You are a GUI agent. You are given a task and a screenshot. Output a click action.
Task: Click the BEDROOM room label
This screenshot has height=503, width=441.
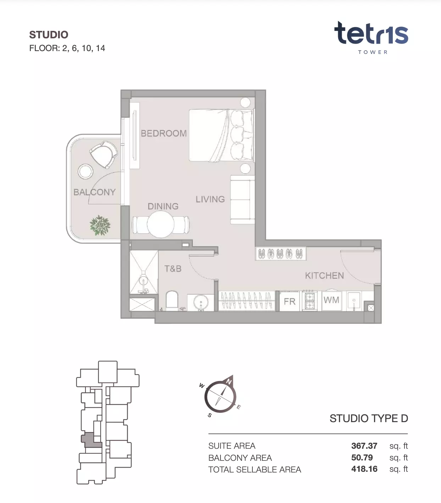(x=164, y=133)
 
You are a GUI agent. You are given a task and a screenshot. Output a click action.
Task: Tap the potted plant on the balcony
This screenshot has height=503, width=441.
(x=100, y=225)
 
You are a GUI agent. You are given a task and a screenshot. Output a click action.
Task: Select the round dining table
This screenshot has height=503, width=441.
(x=160, y=224)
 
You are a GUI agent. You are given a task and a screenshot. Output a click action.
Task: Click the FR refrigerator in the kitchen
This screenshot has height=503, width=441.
(x=289, y=301)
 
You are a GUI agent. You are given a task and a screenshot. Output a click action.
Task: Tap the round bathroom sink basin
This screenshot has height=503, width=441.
(x=201, y=302)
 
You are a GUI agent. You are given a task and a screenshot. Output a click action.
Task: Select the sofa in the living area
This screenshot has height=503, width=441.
(x=242, y=200)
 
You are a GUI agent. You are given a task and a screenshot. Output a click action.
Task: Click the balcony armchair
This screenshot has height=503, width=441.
(x=103, y=154)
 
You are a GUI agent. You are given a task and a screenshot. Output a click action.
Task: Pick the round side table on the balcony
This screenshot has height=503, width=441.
(x=85, y=171)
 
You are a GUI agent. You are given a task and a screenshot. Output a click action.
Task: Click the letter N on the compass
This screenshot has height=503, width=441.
(x=229, y=381)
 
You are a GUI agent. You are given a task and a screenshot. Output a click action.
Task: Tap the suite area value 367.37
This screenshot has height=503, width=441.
(x=364, y=446)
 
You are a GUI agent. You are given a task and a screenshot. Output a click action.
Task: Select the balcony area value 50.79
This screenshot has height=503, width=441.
(x=362, y=457)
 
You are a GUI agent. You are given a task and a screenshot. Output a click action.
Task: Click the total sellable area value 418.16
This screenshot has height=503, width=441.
(x=364, y=469)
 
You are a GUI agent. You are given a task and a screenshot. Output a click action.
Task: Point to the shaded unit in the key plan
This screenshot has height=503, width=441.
(x=90, y=440)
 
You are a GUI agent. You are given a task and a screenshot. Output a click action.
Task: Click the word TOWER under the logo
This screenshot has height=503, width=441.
(x=373, y=52)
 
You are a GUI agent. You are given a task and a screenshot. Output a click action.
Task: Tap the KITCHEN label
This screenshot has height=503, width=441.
(x=324, y=276)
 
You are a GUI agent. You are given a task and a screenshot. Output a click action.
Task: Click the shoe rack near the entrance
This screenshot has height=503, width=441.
(x=281, y=254)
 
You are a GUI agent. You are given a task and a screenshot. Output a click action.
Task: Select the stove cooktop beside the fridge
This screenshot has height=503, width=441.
(x=310, y=301)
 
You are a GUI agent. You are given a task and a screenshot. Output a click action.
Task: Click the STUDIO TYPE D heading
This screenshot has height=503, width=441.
(x=369, y=418)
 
